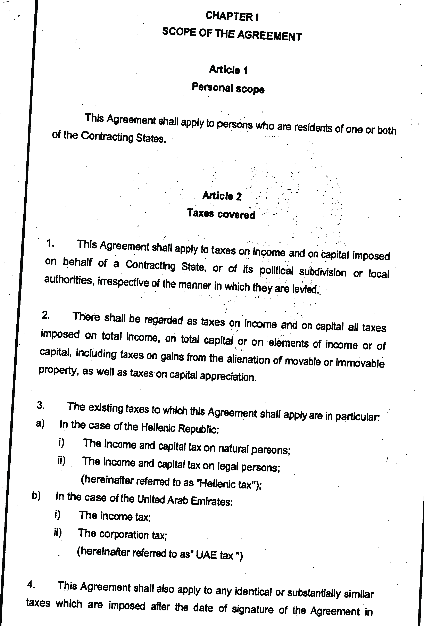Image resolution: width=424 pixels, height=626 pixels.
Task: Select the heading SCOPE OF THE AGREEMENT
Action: (232, 34)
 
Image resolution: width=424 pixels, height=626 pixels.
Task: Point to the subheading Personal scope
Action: (228, 88)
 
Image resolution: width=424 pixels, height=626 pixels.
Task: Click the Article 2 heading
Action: (222, 196)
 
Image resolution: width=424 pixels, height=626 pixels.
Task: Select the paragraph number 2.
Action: (45, 315)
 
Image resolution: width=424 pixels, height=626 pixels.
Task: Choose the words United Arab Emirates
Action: (184, 501)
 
